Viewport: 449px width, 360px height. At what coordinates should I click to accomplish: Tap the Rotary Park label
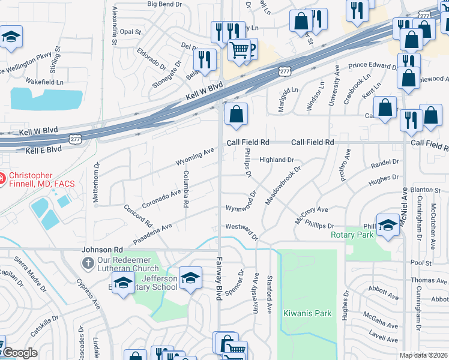pos(352,235)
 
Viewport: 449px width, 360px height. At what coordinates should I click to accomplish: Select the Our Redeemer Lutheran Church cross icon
pos(88,263)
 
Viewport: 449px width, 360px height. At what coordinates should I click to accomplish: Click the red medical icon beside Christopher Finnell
pos(2,178)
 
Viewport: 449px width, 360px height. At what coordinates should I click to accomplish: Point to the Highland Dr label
pos(276,160)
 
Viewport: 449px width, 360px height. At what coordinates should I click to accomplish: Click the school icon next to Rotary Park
pos(388,225)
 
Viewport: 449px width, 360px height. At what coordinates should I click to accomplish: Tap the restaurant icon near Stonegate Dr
pos(205,59)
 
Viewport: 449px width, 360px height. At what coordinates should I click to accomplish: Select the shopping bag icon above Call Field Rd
pos(237,113)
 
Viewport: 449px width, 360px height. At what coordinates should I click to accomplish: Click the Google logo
pos(19,353)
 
